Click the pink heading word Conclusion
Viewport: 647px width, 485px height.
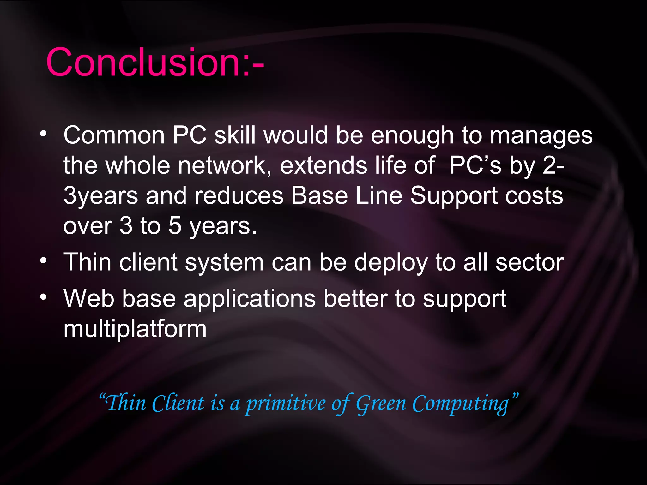coord(144,62)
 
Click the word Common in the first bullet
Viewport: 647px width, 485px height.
coord(114,135)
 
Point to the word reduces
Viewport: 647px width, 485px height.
coord(239,196)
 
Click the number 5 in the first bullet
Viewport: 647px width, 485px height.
coord(175,226)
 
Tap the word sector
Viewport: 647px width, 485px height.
coord(529,262)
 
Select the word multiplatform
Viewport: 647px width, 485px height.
coord(135,329)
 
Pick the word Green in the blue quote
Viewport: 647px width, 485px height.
coord(381,404)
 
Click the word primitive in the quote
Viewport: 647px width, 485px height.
coord(286,404)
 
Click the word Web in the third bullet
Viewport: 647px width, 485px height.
coord(89,298)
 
